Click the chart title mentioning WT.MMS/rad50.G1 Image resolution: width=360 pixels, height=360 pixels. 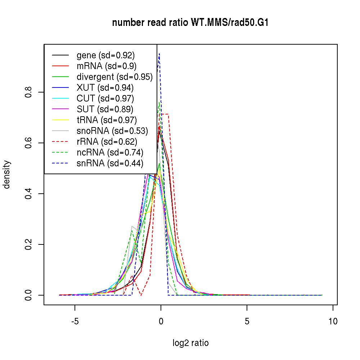tap(190, 23)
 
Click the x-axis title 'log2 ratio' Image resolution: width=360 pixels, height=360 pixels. tap(190, 343)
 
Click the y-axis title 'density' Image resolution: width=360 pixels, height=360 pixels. tap(7, 175)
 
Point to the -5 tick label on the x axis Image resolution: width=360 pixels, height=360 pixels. tap(75, 321)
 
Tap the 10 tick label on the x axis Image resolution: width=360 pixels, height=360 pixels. tap(333, 321)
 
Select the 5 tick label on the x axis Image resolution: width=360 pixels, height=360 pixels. tap(247, 321)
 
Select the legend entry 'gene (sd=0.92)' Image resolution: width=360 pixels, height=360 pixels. tap(105, 55)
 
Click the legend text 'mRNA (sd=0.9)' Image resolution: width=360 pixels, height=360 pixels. tap(107, 66)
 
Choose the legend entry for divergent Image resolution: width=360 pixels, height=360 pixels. tap(114, 77)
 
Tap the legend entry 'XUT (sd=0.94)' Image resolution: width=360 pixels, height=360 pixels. tap(105, 88)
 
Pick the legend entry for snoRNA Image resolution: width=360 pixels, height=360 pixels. tap(112, 131)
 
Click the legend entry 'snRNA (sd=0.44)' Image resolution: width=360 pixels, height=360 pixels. tap(110, 163)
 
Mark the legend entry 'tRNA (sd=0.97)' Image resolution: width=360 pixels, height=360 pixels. tap(107, 120)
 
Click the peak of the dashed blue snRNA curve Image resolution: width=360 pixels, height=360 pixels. tap(159, 54)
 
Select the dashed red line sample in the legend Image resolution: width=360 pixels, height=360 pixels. tap(60, 142)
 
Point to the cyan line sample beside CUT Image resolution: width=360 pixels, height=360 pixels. tap(60, 99)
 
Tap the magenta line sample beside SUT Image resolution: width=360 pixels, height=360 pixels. tap(60, 109)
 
